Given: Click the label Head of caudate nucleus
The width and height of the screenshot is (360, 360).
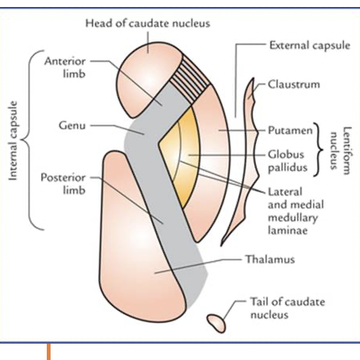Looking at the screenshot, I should coord(147,23).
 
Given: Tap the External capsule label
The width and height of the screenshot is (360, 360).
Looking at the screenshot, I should coord(309,45).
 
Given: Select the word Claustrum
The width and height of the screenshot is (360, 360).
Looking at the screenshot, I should coord(294,84).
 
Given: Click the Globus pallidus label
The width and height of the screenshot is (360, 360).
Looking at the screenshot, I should coord(287,161).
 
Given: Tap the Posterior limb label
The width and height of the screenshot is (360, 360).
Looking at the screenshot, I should coord(63,184).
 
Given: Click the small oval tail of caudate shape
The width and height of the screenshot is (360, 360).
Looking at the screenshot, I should coord(216,322).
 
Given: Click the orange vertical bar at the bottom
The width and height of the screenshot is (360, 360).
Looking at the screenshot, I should coord(48,351).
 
